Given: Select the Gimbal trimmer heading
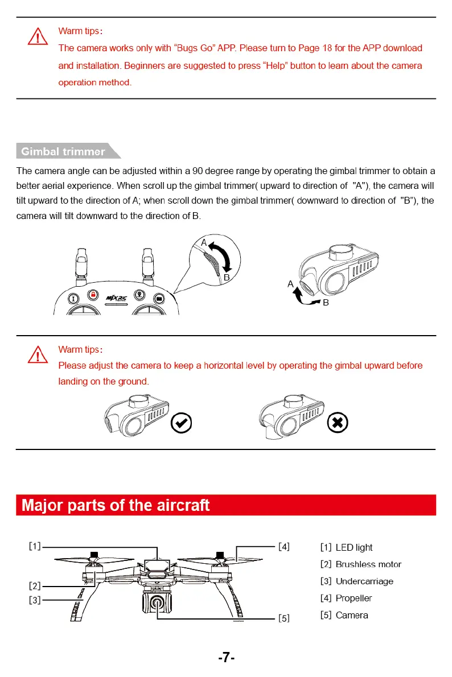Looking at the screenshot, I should (63, 151).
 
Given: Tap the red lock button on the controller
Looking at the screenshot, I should (93, 295).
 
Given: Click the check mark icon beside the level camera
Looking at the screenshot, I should (181, 423).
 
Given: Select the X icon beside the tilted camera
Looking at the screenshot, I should (337, 423).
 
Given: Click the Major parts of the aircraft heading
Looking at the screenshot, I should (116, 505).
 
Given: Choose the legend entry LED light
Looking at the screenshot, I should (346, 547).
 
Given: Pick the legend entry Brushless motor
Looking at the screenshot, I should (360, 564).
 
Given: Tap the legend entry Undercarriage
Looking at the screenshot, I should (356, 581).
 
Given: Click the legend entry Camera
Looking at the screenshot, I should (344, 615).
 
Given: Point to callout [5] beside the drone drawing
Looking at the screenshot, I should (283, 618).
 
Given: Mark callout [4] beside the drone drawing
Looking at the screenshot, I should (283, 547).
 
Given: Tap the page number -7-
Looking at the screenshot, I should (226, 658).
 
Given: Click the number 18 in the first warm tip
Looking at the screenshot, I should (327, 48).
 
